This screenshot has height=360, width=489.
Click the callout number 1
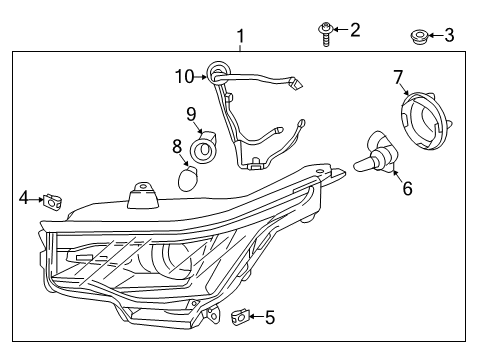coord(240,37)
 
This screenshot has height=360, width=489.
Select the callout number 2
coord(353,29)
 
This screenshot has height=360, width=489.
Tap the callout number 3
coord(449,36)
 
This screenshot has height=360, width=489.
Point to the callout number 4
coord(24,198)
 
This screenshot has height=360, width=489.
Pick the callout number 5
coord(269,319)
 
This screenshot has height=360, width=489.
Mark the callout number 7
coord(398,76)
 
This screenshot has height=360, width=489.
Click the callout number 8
coord(178,147)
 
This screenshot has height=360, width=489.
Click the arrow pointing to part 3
coord(435,37)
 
